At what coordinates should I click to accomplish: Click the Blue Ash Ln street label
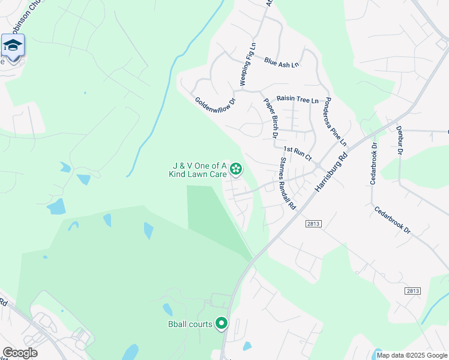(281, 62)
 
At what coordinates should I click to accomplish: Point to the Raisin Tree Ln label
(297, 100)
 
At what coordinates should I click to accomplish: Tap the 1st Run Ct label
(298, 153)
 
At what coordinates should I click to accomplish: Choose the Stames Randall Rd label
(288, 183)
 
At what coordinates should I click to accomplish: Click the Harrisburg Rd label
(332, 172)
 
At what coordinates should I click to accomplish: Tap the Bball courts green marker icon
(221, 324)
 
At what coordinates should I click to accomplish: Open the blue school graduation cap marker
(13, 46)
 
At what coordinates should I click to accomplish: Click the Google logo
(20, 353)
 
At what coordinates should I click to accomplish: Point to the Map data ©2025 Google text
(411, 355)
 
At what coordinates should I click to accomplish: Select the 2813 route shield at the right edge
(412, 290)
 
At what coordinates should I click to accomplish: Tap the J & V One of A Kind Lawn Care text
(198, 170)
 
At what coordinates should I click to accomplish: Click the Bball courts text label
(190, 325)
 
